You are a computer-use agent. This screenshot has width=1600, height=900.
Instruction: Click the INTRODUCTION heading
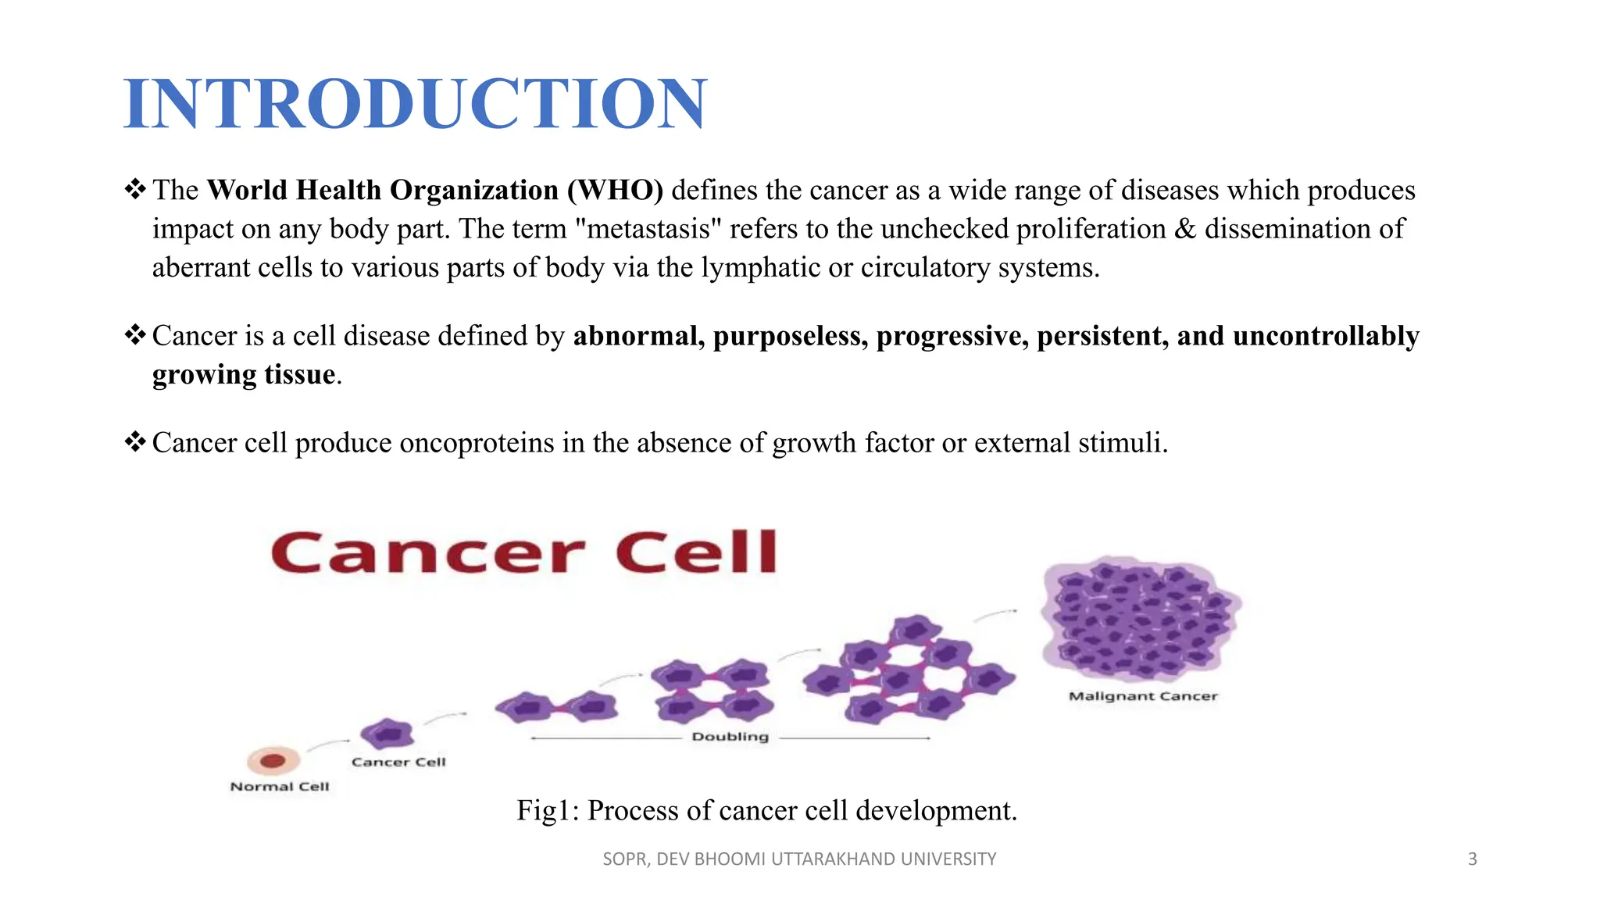[415, 103]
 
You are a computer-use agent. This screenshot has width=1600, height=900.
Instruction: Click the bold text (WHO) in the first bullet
[615, 191]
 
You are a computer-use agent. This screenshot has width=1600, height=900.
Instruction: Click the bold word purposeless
[790, 336]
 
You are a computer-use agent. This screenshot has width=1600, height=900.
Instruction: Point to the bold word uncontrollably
[1325, 336]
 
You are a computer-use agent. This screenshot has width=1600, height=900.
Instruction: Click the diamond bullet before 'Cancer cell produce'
[135, 442]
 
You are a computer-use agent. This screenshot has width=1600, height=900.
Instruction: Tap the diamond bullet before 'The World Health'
[135, 190]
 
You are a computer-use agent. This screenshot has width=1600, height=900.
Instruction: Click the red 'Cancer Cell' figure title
[523, 552]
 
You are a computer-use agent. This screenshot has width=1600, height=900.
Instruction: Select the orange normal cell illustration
[273, 760]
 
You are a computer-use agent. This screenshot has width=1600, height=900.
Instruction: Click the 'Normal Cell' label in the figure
[280, 787]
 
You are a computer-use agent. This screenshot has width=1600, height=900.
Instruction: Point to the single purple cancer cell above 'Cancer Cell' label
[387, 734]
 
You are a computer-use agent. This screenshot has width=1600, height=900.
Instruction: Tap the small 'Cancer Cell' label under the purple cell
[398, 762]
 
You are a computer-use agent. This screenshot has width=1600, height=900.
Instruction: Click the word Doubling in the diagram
[730, 737]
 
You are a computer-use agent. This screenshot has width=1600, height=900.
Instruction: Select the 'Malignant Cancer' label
[1143, 696]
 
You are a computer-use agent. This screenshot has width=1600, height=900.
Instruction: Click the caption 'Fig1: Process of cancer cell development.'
[766, 811]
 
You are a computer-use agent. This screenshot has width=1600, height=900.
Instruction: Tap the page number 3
[1472, 859]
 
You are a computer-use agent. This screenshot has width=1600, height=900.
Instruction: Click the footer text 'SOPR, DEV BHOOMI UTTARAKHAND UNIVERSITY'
[799, 859]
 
